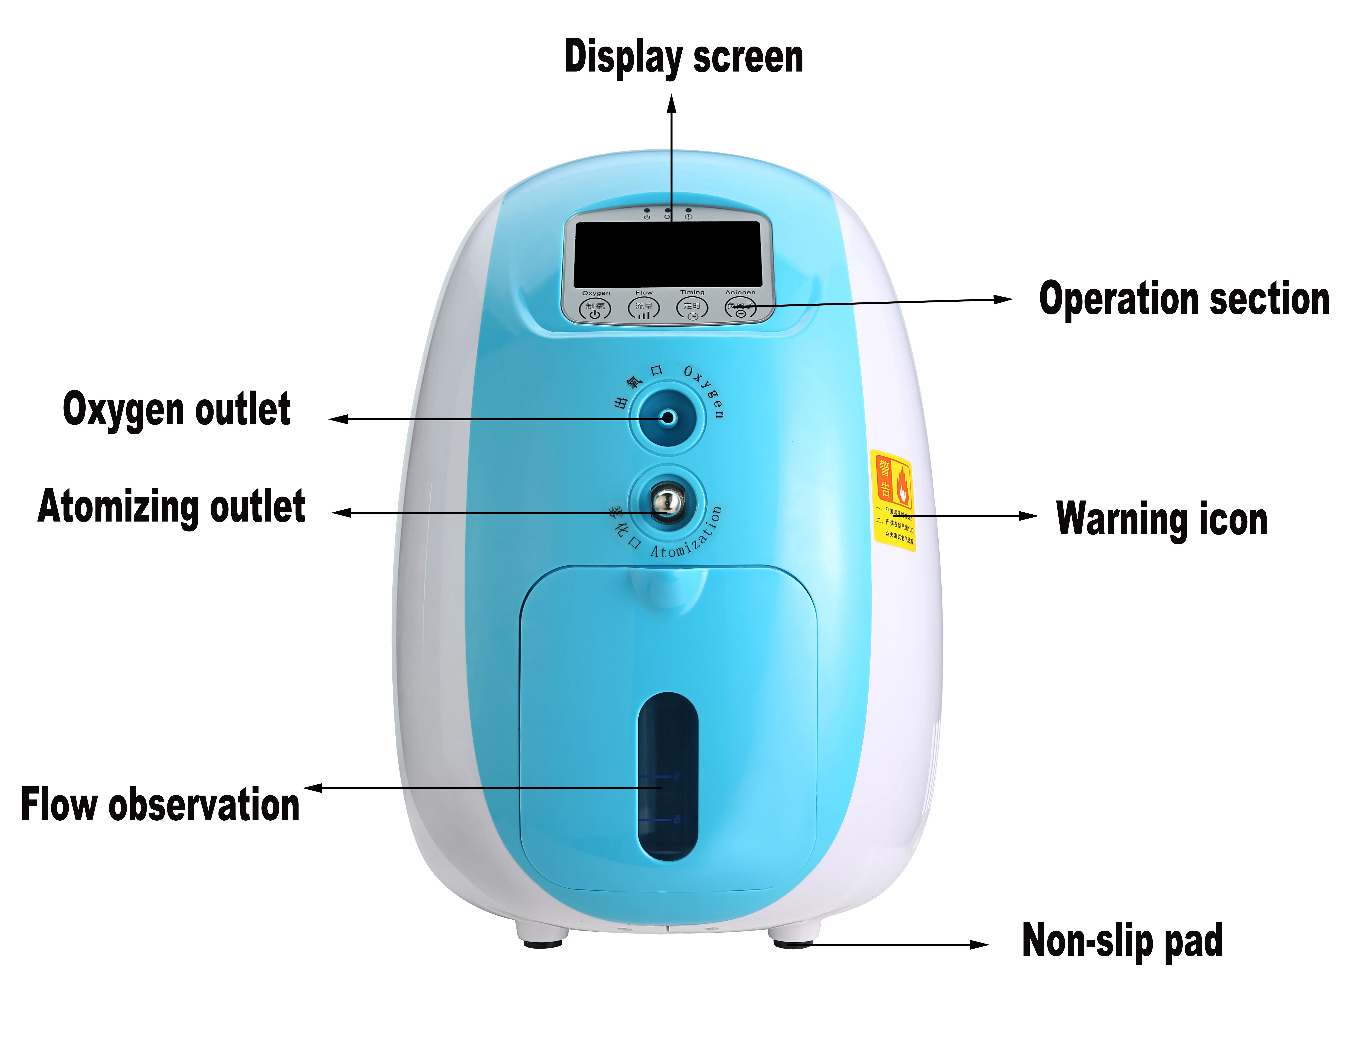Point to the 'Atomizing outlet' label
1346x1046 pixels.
click(x=171, y=507)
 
